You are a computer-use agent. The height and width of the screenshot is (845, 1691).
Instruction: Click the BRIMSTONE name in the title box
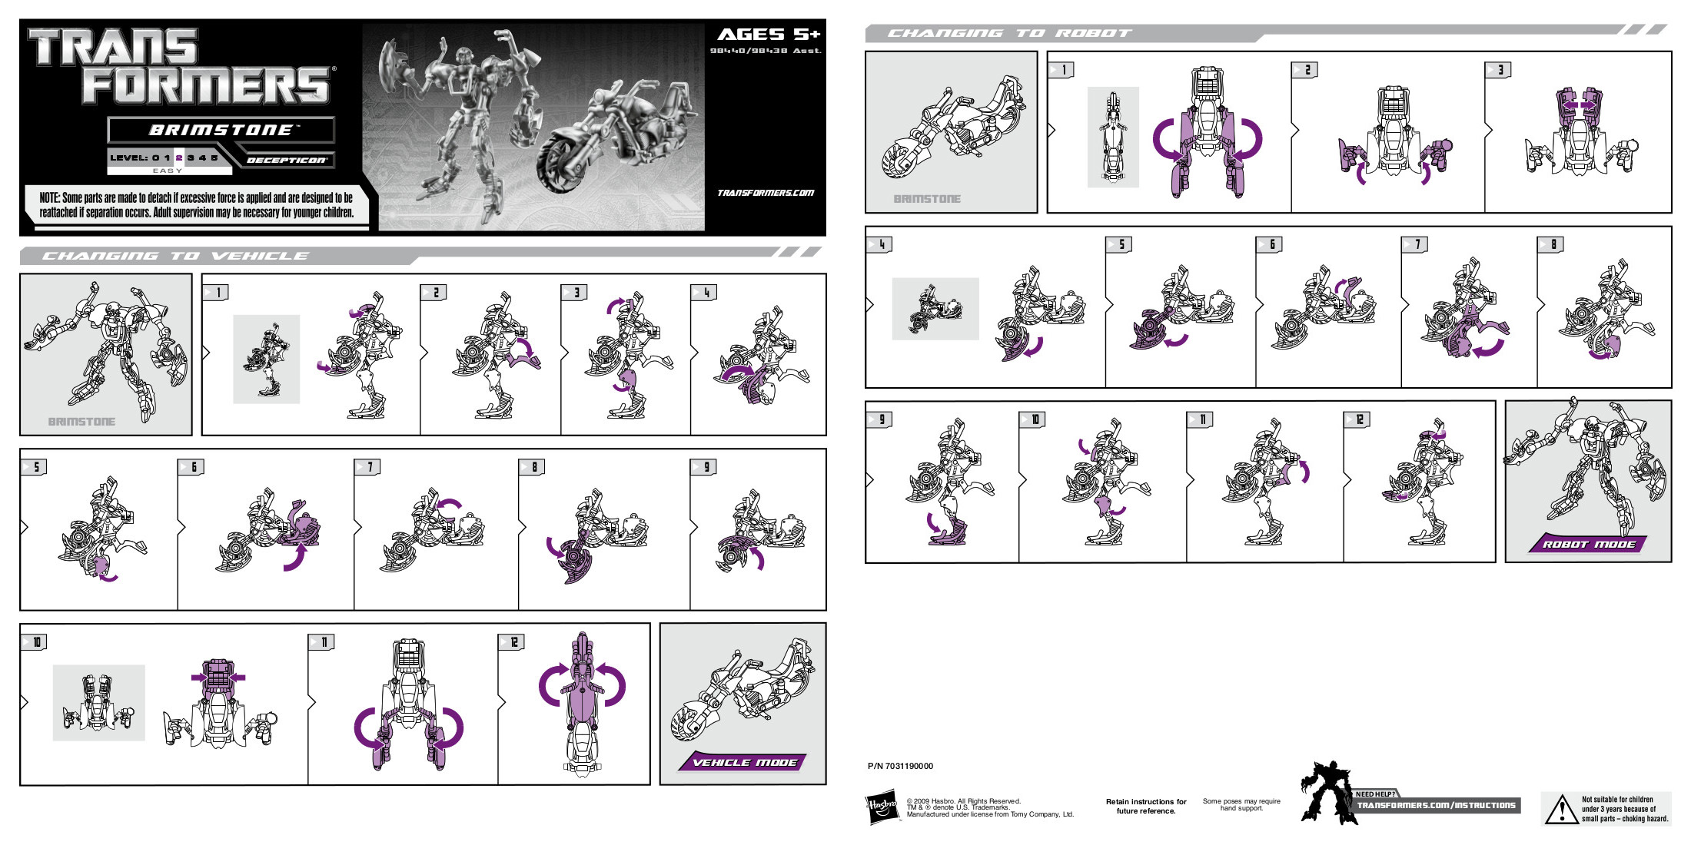click(x=221, y=130)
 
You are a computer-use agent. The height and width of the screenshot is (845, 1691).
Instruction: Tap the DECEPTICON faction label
click(x=287, y=161)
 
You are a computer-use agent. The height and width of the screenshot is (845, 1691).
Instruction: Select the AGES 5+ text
click(x=768, y=35)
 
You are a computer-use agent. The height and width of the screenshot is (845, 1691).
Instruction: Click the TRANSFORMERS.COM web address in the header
click(x=765, y=193)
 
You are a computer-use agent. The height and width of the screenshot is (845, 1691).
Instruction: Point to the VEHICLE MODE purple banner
click(x=744, y=762)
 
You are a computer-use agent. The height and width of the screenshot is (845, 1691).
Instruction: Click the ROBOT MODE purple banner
click(x=1588, y=544)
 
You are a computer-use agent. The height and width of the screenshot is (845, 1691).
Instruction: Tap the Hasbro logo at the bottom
click(x=882, y=807)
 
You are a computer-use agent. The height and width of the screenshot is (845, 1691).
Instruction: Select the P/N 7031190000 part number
click(x=900, y=766)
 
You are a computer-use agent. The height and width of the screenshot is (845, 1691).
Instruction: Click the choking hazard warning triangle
click(x=1561, y=810)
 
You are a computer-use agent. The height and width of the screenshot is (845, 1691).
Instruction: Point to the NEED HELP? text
click(x=1374, y=794)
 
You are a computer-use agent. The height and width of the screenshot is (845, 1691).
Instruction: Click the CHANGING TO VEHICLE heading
click(x=175, y=256)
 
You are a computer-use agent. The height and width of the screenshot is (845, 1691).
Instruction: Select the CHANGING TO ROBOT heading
click(x=1009, y=33)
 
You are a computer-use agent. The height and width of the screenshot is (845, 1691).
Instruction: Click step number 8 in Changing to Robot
click(x=1553, y=244)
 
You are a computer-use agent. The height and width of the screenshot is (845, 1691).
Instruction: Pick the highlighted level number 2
click(x=179, y=157)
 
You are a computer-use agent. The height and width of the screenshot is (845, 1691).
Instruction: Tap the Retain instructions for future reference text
click(x=1145, y=806)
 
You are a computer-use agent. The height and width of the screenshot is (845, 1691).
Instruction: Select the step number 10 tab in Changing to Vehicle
click(x=36, y=642)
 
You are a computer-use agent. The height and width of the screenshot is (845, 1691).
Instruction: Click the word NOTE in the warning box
click(x=49, y=198)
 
